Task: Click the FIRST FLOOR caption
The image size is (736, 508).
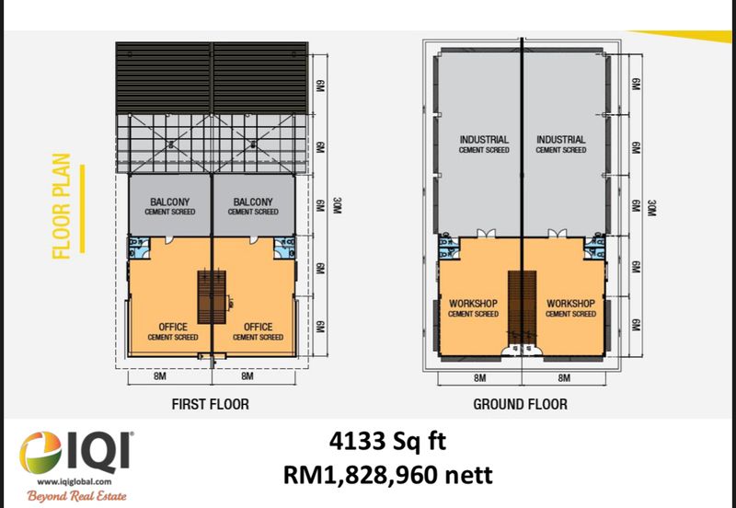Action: pyautogui.click(x=211, y=404)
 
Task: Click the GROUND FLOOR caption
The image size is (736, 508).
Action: pyautogui.click(x=520, y=404)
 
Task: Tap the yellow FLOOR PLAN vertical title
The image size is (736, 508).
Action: pyautogui.click(x=62, y=206)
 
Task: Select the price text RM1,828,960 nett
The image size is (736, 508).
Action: pyautogui.click(x=387, y=475)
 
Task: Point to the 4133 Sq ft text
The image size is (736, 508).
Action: pyautogui.click(x=387, y=442)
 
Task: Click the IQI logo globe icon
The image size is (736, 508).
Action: pyautogui.click(x=40, y=453)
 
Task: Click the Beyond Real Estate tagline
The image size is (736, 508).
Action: pyautogui.click(x=76, y=496)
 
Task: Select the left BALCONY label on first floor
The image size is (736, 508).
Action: pyautogui.click(x=170, y=202)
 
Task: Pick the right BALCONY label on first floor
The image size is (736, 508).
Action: pyautogui.click(x=253, y=202)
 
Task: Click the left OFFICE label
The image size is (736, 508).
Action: pyautogui.click(x=173, y=327)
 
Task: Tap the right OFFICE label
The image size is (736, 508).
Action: pyautogui.click(x=258, y=327)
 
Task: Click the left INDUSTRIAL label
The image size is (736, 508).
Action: pyautogui.click(x=484, y=140)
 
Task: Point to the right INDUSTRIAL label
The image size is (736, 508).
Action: pyautogui.click(x=561, y=140)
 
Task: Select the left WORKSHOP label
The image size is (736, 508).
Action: pyautogui.click(x=473, y=304)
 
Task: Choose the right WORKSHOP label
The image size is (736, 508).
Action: pyautogui.click(x=570, y=304)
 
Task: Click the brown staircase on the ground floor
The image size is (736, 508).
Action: pyautogui.click(x=522, y=308)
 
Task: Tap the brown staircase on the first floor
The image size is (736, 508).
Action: pyautogui.click(x=212, y=297)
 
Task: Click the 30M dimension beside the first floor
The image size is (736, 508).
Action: pyautogui.click(x=337, y=205)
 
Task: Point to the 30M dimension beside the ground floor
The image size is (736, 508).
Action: pyautogui.click(x=651, y=208)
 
